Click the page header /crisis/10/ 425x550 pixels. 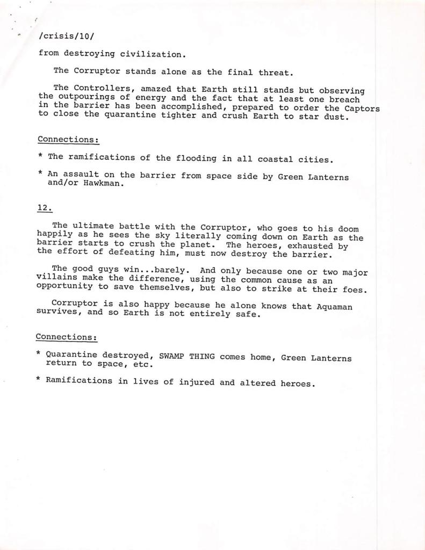tap(62, 37)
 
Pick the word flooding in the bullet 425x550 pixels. tap(197, 158)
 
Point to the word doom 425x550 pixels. tap(347, 229)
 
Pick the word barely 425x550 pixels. tap(170, 270)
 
